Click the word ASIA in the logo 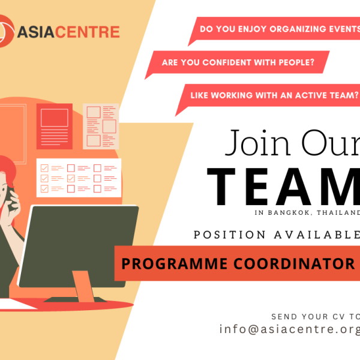pyautogui.click(x=36, y=32)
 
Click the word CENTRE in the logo pyautogui.click(x=88, y=32)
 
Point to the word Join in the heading pyautogui.click(x=258, y=143)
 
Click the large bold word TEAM pyautogui.click(x=284, y=187)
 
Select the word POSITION pyautogui.click(x=230, y=235)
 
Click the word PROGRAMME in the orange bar pyautogui.click(x=174, y=263)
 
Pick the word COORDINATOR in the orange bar pyautogui.click(x=295, y=263)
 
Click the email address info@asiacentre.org pyautogui.click(x=290, y=329)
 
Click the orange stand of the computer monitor pyautogui.click(x=83, y=286)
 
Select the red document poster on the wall pyautogui.click(x=55, y=126)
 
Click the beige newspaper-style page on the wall pyautogui.click(x=101, y=126)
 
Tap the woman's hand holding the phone pyautogui.click(x=13, y=205)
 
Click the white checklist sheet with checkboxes pyautogui.click(x=79, y=178)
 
